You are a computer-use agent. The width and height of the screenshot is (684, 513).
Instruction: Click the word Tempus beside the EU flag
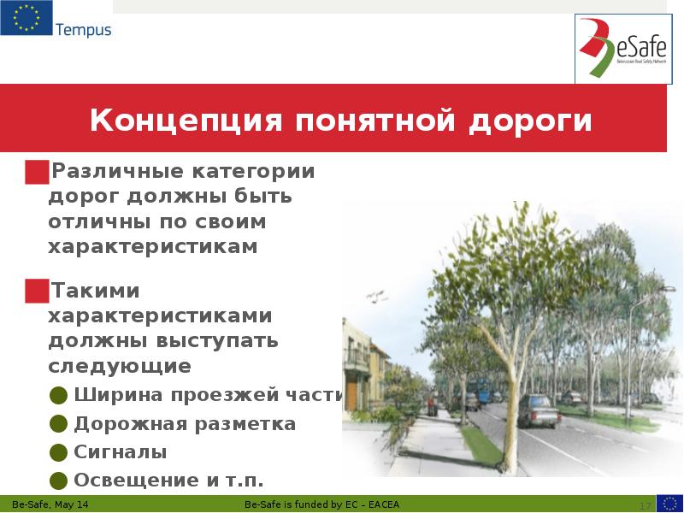click(x=83, y=30)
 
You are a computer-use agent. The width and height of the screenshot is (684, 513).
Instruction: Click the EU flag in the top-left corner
click(x=26, y=18)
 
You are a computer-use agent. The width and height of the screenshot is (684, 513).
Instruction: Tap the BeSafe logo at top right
click(x=620, y=50)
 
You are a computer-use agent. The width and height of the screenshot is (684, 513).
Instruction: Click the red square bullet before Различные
click(x=37, y=171)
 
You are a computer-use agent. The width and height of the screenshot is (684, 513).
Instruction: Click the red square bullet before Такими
click(x=37, y=291)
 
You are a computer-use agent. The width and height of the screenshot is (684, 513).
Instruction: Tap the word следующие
click(x=119, y=367)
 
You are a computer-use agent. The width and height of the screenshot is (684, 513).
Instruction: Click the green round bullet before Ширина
click(x=58, y=395)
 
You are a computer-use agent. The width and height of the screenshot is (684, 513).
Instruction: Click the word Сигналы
click(x=121, y=452)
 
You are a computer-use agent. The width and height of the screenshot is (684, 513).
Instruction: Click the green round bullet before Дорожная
click(x=58, y=424)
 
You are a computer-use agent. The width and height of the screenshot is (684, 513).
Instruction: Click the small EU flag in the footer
click(x=669, y=503)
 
